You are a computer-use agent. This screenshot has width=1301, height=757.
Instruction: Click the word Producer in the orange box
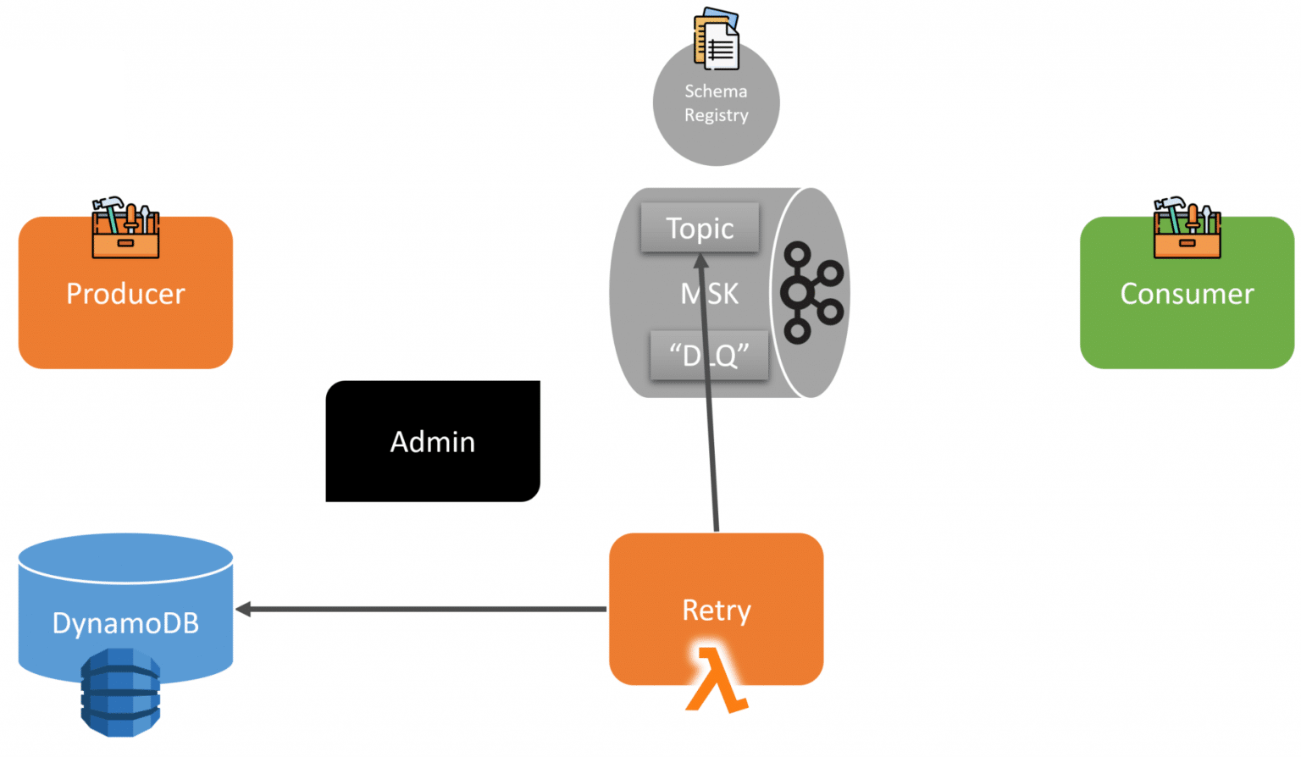pos(125,294)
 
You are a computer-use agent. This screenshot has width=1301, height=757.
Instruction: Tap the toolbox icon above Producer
pos(125,228)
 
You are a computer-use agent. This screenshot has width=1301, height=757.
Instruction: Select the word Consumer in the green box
pos(1186,294)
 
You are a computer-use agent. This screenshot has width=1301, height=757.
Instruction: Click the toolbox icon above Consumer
pos(1187,228)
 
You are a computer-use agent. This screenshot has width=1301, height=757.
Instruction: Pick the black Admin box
pos(432,441)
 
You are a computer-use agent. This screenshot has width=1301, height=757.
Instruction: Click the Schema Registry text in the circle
pos(716,103)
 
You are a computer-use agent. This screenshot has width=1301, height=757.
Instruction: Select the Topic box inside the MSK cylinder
pos(700,228)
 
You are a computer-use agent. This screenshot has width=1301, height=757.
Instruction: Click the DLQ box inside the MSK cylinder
pos(708,355)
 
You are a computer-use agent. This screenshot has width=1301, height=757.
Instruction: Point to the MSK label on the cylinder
pos(710,294)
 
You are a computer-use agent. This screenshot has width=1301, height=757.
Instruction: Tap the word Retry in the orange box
pos(716,610)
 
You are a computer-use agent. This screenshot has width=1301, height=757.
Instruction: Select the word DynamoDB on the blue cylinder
pos(125,623)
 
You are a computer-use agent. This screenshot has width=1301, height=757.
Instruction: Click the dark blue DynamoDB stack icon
pos(120,692)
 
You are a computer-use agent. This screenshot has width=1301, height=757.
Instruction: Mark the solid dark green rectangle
pos(61,97)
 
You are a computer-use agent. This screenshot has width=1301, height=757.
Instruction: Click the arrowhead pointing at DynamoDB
pos(243,609)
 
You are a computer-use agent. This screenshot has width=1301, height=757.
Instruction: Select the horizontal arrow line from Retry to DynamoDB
pos(424,609)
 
